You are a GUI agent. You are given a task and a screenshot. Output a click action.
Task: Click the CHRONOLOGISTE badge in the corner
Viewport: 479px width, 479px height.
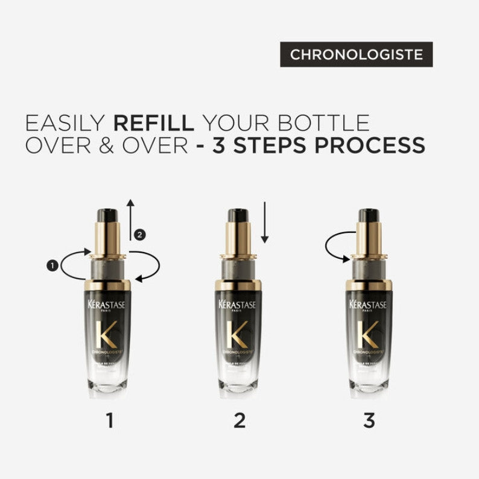[x=356, y=54]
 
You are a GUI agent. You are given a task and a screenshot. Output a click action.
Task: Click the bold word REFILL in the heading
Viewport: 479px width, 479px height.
[x=154, y=122]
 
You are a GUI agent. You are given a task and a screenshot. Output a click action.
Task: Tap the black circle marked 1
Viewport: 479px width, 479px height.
[x=52, y=264]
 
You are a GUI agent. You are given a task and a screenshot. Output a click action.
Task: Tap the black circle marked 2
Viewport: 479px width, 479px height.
[x=140, y=235]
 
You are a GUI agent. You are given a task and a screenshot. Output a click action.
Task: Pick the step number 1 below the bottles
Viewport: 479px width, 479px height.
[x=109, y=420]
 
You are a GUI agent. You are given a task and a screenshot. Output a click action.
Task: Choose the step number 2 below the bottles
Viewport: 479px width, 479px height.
[x=239, y=420]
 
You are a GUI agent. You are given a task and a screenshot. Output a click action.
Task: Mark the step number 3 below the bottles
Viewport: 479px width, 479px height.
[x=369, y=420]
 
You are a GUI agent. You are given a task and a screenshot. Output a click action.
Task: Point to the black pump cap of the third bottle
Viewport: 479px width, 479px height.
[x=368, y=215]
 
